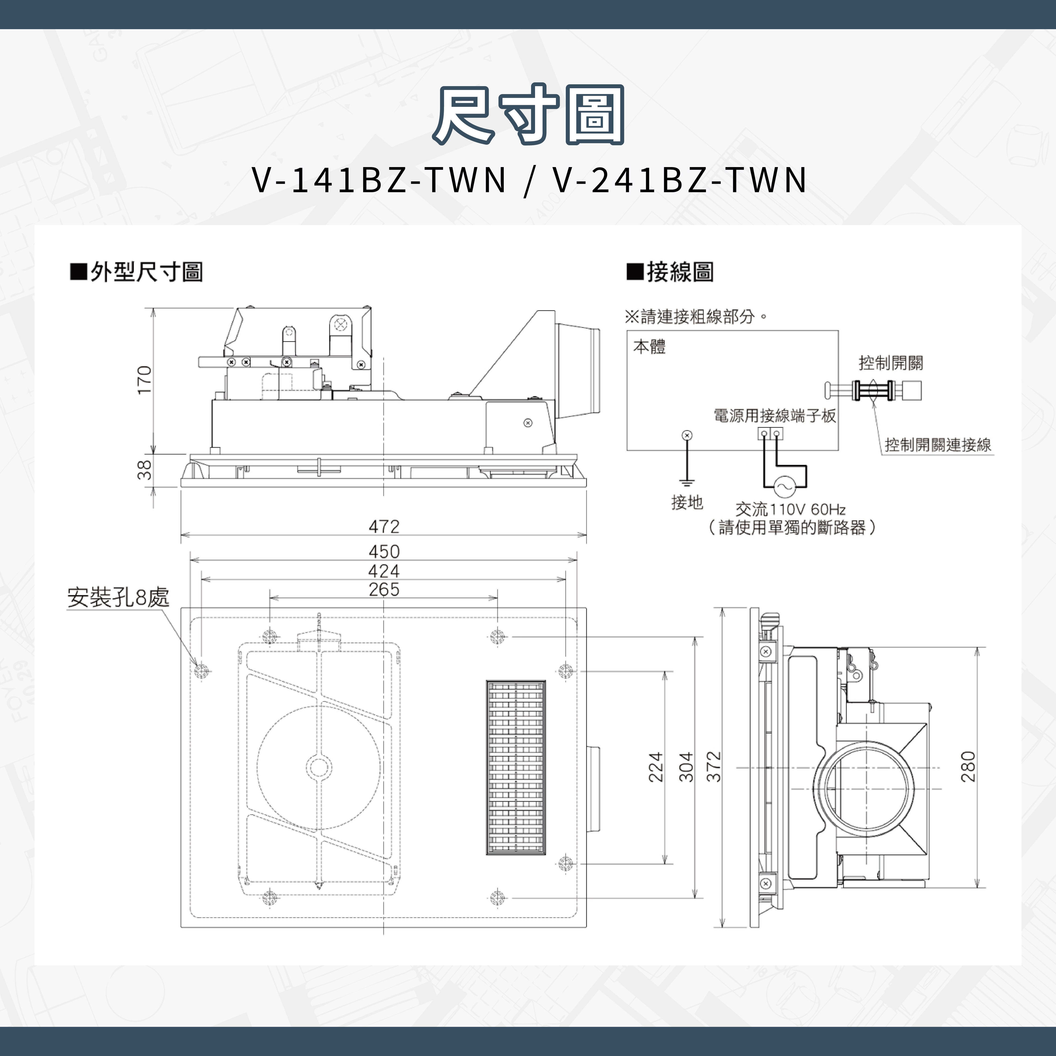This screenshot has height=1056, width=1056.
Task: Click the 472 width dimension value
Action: (384, 526)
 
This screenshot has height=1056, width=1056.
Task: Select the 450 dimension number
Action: (384, 551)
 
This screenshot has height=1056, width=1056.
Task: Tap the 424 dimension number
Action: (384, 571)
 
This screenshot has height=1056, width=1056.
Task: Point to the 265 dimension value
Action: (384, 589)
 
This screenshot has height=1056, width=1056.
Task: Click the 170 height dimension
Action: (144, 380)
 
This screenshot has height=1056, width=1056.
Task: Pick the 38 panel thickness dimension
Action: (144, 470)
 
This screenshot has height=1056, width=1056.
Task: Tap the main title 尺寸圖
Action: (528, 115)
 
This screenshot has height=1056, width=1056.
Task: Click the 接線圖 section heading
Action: (679, 272)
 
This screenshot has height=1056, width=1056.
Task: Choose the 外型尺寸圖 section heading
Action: (146, 272)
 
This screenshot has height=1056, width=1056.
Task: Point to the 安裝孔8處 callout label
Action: (118, 597)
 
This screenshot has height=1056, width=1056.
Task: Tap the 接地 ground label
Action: (686, 502)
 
